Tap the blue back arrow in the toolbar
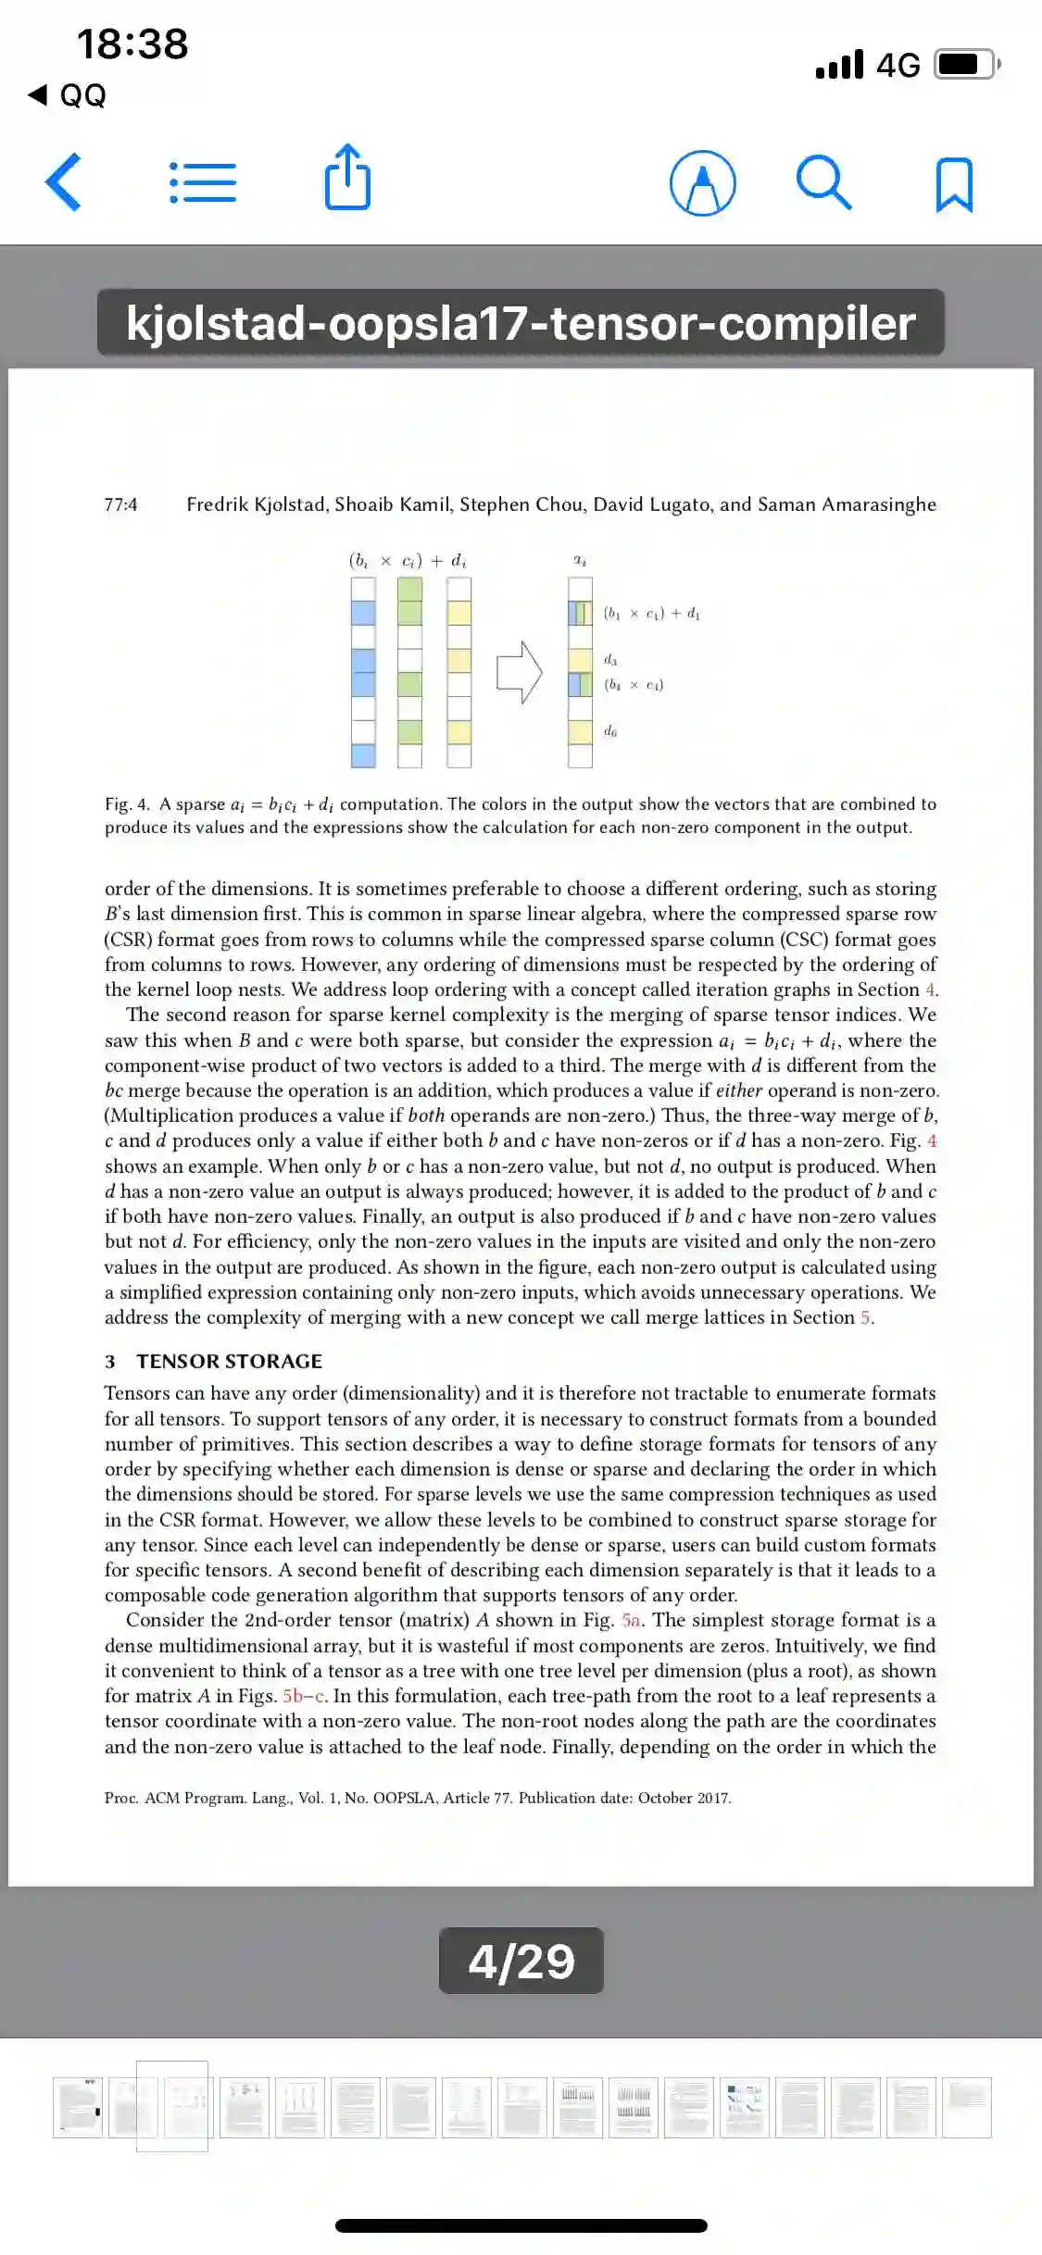64,182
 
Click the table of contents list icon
203,182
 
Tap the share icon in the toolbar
347,178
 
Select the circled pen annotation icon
702,183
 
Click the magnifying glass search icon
823,182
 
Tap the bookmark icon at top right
954,184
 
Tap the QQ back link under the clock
69,94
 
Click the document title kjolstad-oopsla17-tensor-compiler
521,323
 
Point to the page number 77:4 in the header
120,505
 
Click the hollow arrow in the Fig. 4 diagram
520,672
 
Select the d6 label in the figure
610,731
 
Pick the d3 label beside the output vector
610,659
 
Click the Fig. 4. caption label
127,804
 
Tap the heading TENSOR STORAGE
229,1361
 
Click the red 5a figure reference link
631,1620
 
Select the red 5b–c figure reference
304,1696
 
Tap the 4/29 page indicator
521,1961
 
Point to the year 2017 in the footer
712,1798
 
